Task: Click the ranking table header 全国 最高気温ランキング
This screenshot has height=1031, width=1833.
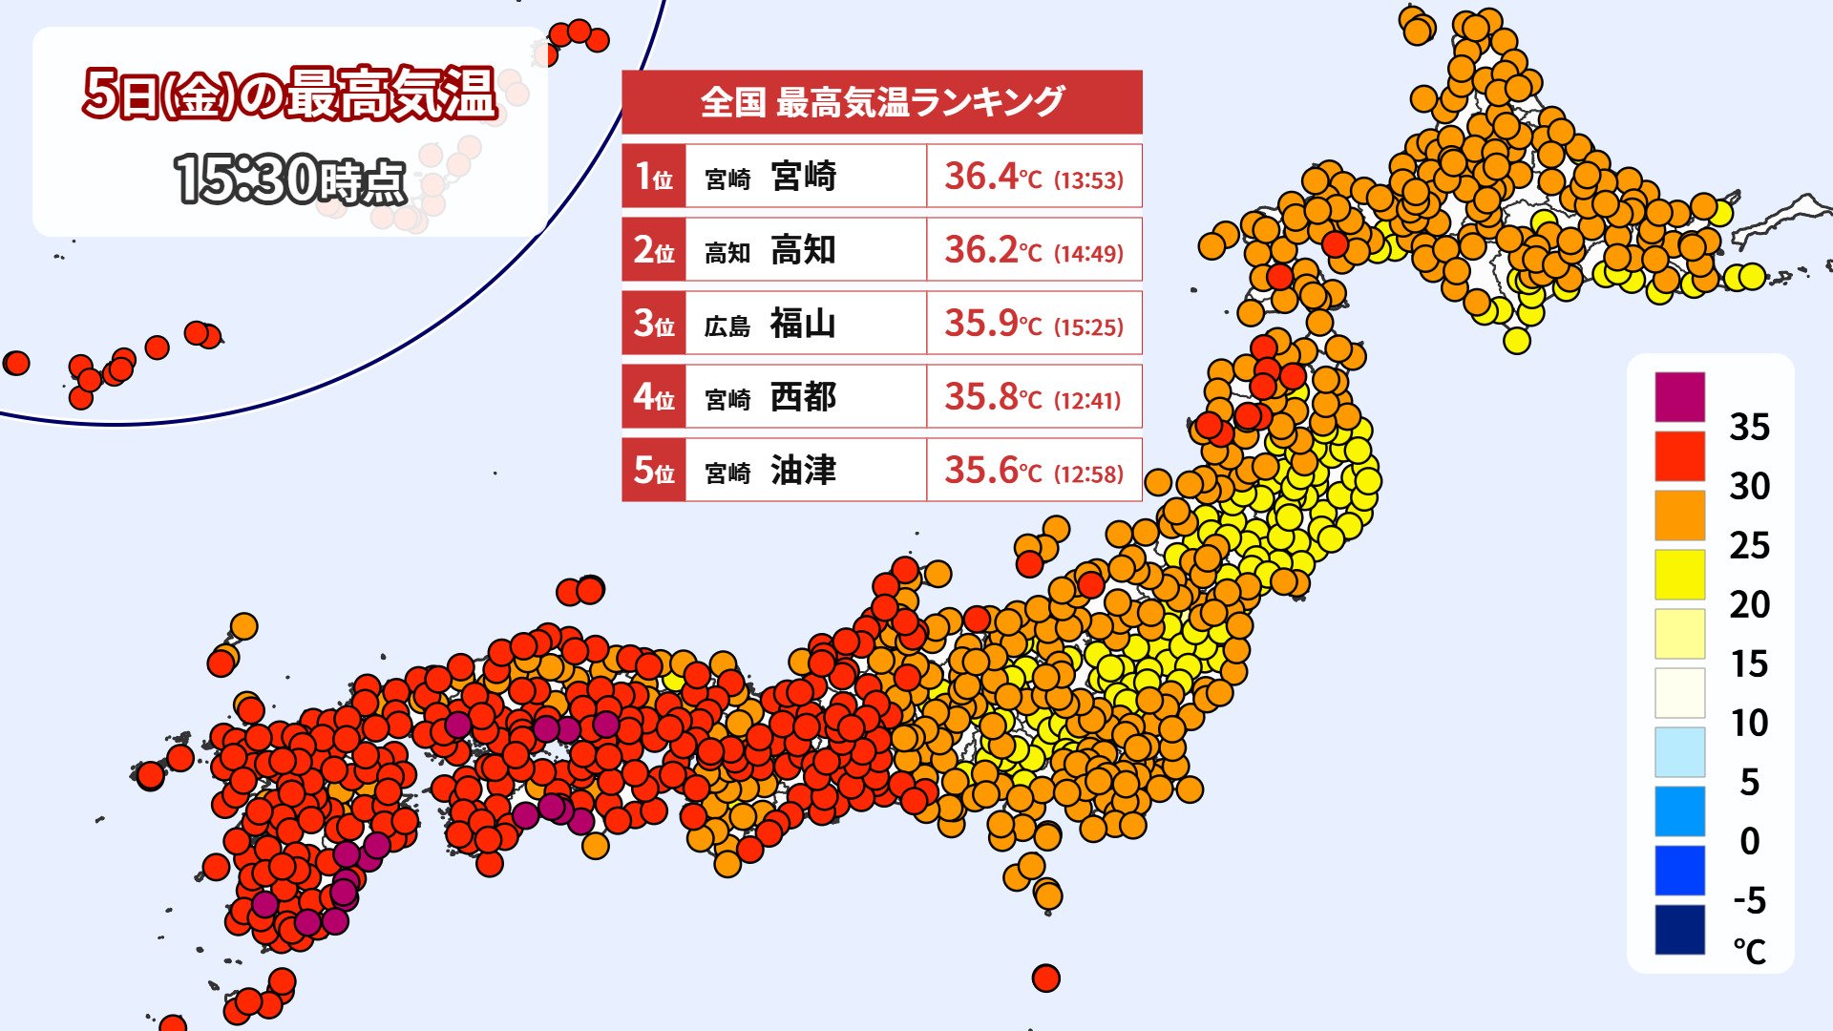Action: point(881,101)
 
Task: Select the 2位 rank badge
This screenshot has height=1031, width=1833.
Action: point(654,250)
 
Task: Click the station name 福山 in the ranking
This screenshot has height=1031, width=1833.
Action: point(803,324)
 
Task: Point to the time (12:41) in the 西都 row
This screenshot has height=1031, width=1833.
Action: point(1088,400)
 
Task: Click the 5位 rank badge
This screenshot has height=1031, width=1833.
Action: point(654,471)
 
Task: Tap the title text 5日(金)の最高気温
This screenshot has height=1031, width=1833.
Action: point(290,95)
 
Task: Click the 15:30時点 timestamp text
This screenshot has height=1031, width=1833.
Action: point(290,179)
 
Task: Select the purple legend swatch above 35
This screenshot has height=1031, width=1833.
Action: point(1679,397)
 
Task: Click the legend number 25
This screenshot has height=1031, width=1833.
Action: point(1749,545)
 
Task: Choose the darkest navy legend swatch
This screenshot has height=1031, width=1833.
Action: point(1679,930)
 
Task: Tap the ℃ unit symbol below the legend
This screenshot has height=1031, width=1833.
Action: point(1749,952)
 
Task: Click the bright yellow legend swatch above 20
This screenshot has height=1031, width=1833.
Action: point(1679,575)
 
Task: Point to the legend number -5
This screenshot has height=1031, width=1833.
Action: point(1749,900)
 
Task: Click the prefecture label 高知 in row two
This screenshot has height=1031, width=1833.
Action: point(727,253)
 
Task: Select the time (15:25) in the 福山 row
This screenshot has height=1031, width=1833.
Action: point(1088,326)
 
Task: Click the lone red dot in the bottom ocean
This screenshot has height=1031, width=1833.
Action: point(1046,978)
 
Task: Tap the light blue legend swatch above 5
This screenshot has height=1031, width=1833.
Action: point(1679,752)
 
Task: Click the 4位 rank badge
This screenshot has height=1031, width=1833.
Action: point(654,397)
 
